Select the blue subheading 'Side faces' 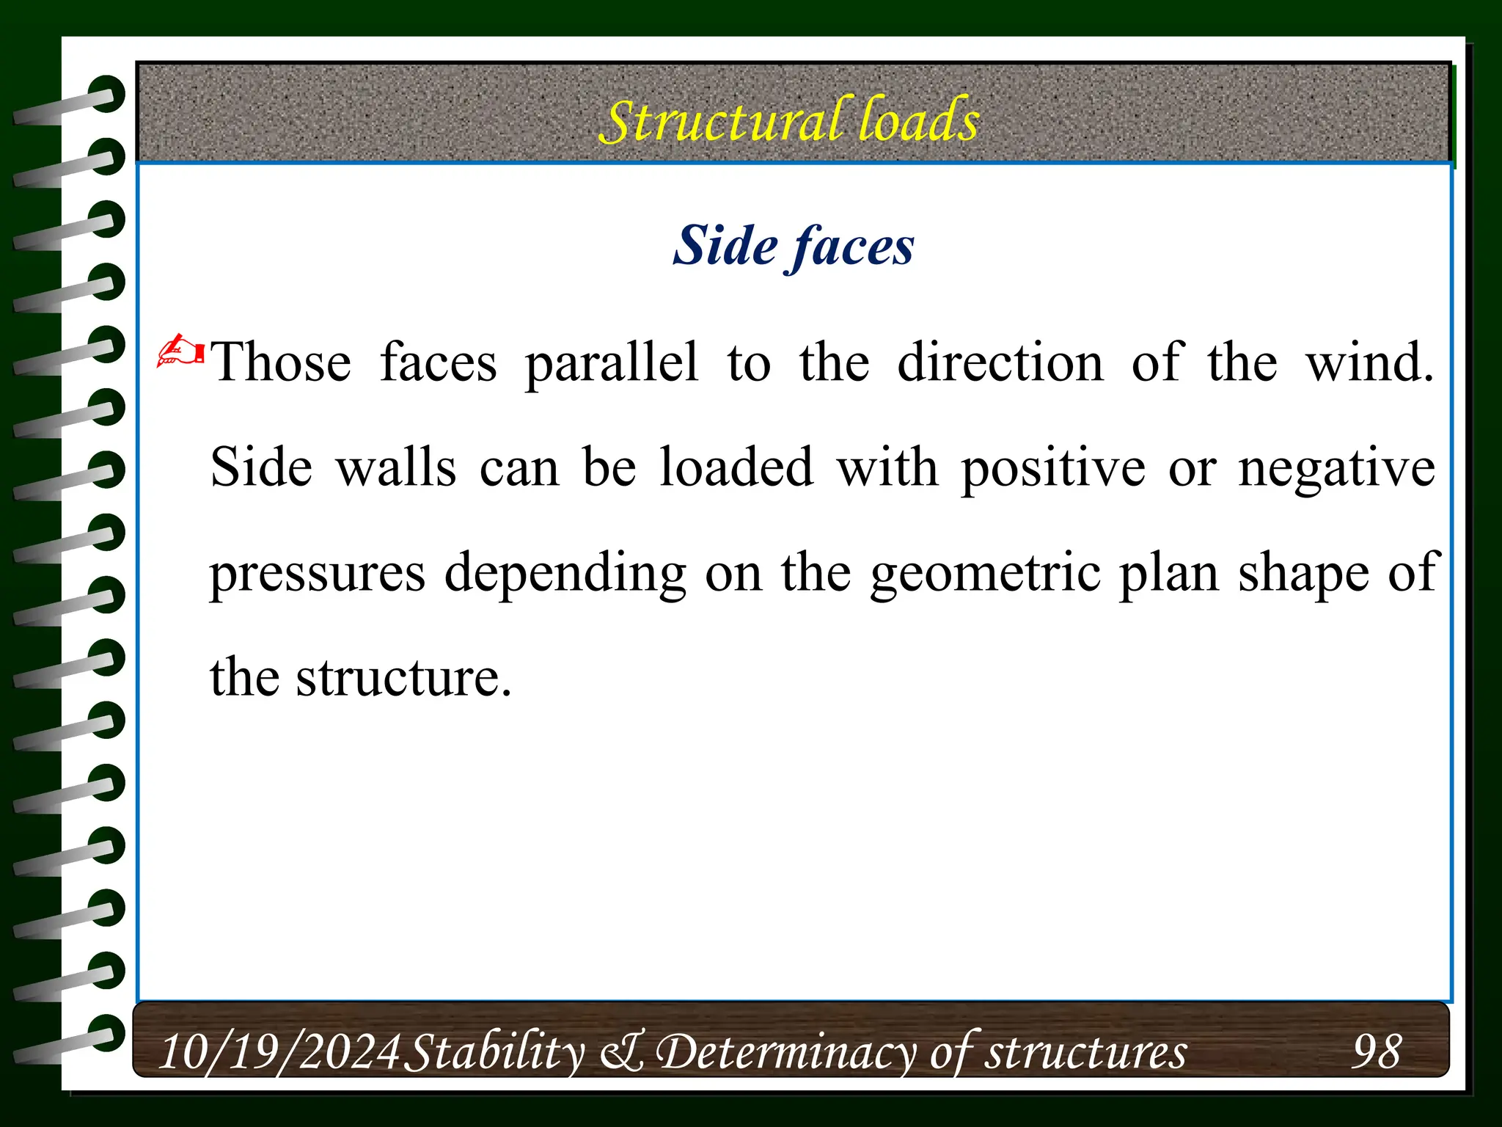click(794, 245)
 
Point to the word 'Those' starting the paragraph click(281, 362)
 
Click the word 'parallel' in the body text click(612, 362)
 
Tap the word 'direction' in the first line click(1000, 362)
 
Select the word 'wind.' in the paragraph click(1369, 362)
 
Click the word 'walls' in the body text click(396, 467)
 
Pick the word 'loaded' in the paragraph click(736, 467)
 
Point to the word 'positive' click(1053, 467)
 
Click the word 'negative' click(1336, 467)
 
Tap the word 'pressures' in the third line click(318, 573)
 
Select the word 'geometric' click(986, 573)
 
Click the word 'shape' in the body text click(1303, 573)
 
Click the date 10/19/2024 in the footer click(279, 1051)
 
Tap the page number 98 click(1377, 1051)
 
